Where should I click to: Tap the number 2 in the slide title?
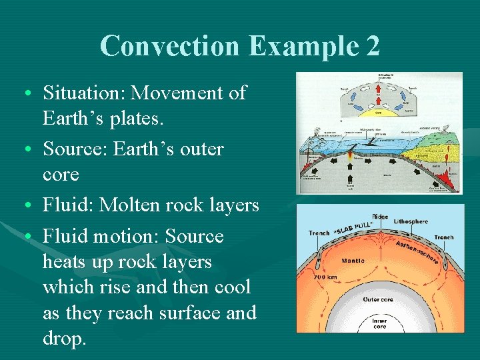click(371, 46)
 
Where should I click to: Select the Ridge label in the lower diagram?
click(379, 217)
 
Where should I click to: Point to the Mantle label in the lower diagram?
click(353, 260)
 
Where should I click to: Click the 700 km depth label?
click(326, 276)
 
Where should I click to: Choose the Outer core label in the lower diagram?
click(379, 299)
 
